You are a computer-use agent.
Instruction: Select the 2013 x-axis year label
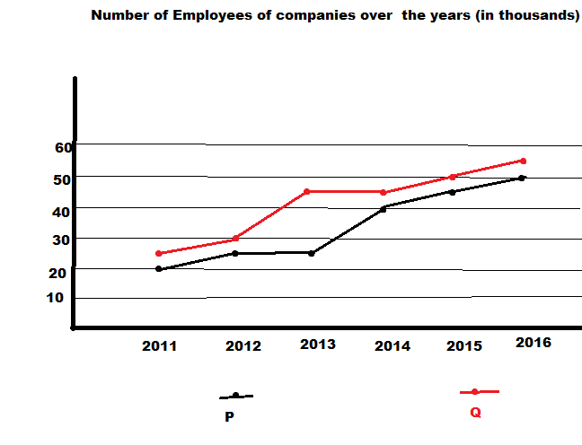click(x=318, y=345)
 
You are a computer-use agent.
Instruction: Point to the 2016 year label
click(x=533, y=343)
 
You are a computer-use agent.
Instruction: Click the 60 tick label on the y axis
click(x=63, y=148)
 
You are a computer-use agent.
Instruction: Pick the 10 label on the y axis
click(x=56, y=298)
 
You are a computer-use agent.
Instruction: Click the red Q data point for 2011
click(x=159, y=254)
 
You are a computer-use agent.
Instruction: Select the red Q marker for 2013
click(x=307, y=192)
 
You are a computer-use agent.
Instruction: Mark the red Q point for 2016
click(x=523, y=161)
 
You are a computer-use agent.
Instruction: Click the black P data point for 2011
click(x=159, y=269)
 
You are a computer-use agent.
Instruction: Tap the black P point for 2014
click(x=384, y=208)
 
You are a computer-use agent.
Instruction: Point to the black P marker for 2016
click(x=523, y=178)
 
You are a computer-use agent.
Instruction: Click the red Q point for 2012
click(x=235, y=239)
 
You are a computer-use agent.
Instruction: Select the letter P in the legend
click(x=229, y=416)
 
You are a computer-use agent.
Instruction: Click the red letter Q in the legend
click(x=475, y=413)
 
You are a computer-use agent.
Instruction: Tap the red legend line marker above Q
click(x=475, y=392)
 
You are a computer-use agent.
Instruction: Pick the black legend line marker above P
click(x=235, y=396)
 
